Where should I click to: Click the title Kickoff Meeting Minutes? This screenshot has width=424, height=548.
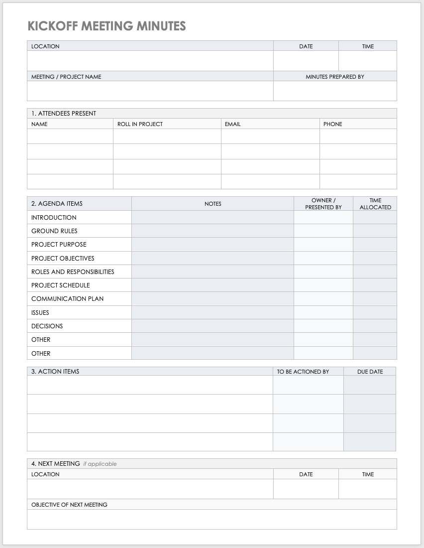(106, 26)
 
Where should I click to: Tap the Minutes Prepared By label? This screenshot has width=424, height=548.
(334, 77)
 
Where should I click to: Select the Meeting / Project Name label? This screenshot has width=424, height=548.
(66, 77)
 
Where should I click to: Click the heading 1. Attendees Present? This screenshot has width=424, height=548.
(64, 114)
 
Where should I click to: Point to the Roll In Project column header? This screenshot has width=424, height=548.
(140, 124)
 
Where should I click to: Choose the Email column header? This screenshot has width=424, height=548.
(232, 124)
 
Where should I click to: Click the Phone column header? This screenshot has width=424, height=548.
(332, 124)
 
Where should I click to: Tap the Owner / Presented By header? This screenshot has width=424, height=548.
(323, 204)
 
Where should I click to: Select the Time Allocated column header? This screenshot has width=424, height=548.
(375, 204)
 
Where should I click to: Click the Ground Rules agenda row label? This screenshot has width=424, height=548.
(54, 231)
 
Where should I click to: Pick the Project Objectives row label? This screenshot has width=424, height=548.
(63, 259)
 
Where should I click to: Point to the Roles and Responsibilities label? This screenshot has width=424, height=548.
(73, 272)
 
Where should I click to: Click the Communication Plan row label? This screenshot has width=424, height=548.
(67, 299)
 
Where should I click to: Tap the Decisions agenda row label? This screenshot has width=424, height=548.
(47, 326)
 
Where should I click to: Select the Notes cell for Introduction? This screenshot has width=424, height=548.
(212, 218)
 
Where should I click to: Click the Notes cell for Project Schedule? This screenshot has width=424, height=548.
(212, 285)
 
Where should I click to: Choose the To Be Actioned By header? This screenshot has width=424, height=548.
(303, 372)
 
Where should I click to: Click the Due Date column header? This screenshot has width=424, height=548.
(370, 372)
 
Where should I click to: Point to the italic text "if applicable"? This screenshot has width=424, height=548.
(100, 464)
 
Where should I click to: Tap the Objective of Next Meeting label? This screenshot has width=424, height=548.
(69, 505)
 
